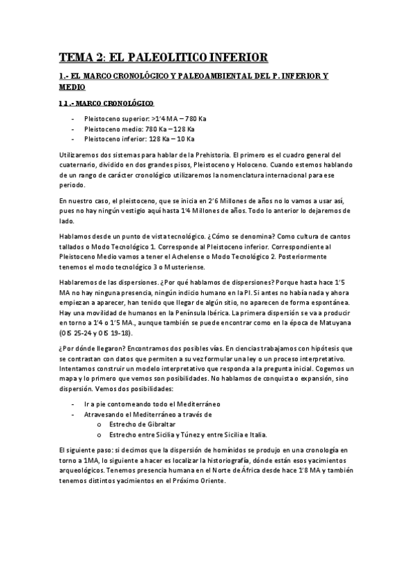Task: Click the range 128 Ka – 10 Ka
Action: (x=170, y=138)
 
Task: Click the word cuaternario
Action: (x=78, y=166)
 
